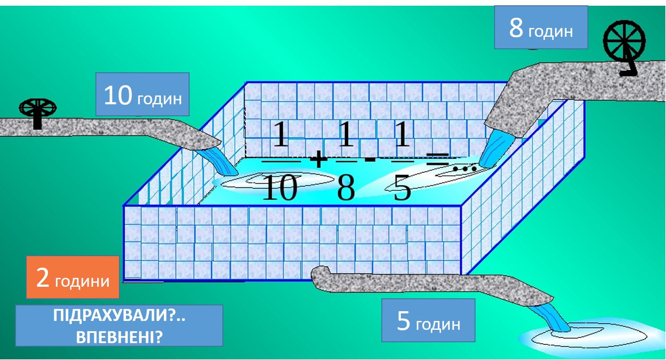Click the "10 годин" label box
(x=142, y=94)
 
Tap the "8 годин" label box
(x=541, y=28)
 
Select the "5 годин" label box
(x=428, y=320)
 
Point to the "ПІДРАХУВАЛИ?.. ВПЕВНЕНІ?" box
(x=119, y=326)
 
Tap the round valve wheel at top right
(x=624, y=43)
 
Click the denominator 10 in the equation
(x=279, y=188)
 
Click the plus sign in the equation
(x=318, y=159)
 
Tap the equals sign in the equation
(x=438, y=158)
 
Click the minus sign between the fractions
(x=370, y=158)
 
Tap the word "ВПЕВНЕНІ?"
(x=119, y=337)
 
